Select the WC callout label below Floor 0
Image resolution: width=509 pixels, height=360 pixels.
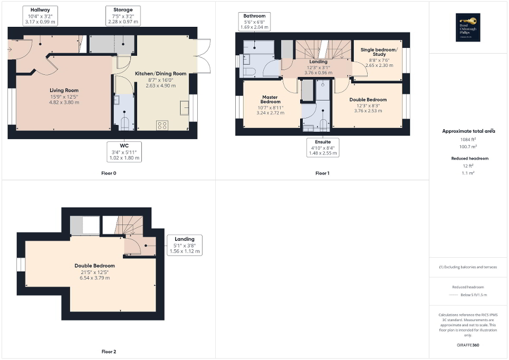click(125, 151)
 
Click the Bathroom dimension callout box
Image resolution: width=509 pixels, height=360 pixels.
click(254, 22)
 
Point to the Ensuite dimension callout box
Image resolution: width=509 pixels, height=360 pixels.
click(322, 147)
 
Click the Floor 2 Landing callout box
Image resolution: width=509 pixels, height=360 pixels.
click(185, 245)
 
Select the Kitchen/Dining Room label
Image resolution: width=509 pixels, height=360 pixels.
click(160, 74)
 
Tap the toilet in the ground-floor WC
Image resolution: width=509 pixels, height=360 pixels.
click(125, 123)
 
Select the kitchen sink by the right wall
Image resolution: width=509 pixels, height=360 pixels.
click(185, 108)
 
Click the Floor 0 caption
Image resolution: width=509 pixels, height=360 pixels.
click(108, 173)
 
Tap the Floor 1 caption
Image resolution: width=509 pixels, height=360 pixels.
click(322, 173)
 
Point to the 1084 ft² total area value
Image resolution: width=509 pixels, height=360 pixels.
click(468, 139)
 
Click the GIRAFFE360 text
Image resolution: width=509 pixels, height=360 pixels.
click(468, 345)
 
